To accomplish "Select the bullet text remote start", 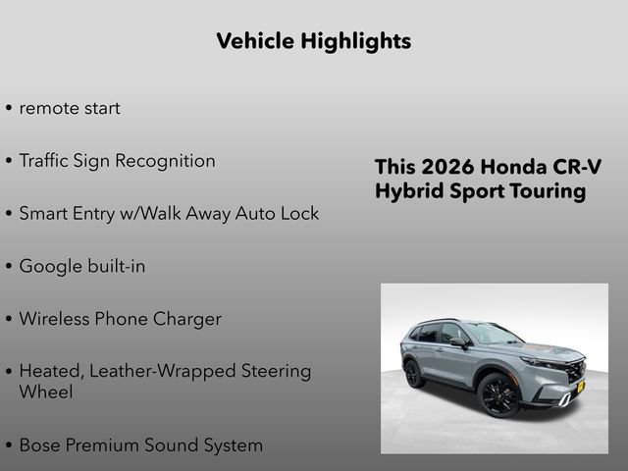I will click(70, 108).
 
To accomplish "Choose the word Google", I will click(50, 266).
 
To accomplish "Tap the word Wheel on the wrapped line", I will click(45, 392).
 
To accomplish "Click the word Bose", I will click(40, 445).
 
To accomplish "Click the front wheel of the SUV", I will click(497, 394).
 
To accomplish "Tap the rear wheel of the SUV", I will click(413, 373).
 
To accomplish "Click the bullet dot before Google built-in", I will click(9, 267).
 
